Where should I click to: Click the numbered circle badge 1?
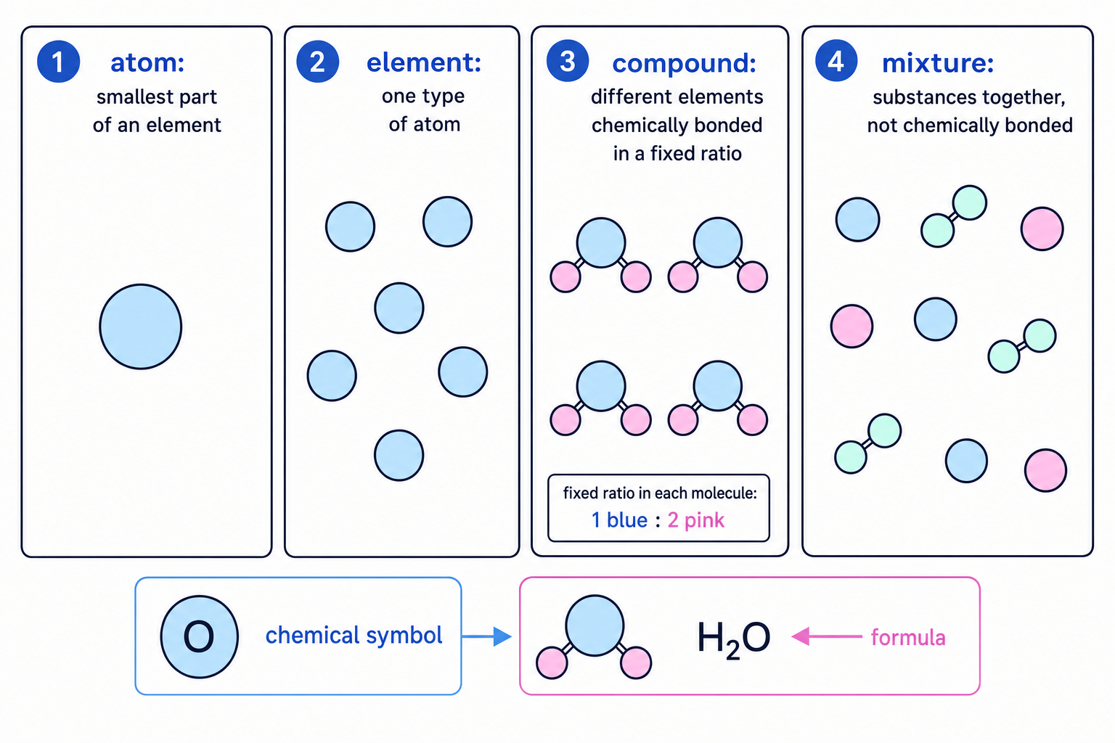click(58, 62)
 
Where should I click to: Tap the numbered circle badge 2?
click(317, 62)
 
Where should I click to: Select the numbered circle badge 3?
click(568, 61)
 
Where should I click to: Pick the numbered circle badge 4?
click(836, 61)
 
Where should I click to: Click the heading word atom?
click(148, 63)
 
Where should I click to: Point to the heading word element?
click(424, 63)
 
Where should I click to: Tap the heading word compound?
click(685, 64)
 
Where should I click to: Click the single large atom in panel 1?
click(140, 327)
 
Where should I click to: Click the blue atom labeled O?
click(199, 636)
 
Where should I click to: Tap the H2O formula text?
click(734, 639)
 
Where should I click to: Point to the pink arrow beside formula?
click(826, 636)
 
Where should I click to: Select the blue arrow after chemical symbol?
click(486, 636)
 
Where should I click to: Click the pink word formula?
click(908, 637)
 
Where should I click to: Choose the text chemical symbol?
click(354, 636)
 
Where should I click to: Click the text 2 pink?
click(696, 520)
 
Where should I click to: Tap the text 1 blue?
click(619, 520)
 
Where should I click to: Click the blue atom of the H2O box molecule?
click(595, 625)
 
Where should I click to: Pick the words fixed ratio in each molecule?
click(660, 493)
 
